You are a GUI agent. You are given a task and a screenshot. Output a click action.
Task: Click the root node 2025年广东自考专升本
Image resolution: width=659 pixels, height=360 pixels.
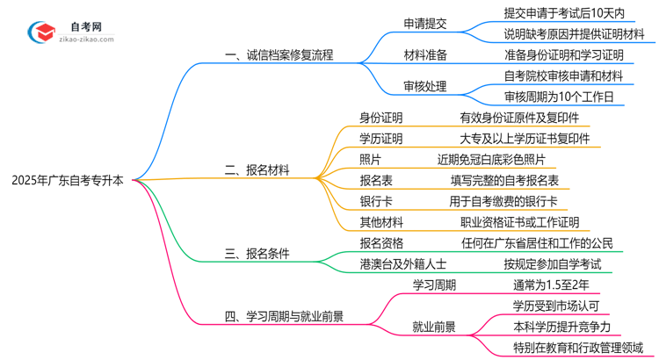click(x=69, y=181)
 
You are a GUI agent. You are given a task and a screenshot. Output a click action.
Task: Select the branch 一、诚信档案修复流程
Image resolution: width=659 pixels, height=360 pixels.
click(x=279, y=54)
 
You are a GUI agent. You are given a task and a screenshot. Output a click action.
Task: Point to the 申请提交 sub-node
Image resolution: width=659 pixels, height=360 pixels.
click(x=424, y=24)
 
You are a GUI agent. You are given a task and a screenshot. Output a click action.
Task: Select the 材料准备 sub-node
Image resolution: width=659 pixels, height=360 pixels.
click(x=424, y=54)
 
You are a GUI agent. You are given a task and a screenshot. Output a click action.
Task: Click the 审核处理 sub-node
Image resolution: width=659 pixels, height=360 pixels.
click(x=424, y=86)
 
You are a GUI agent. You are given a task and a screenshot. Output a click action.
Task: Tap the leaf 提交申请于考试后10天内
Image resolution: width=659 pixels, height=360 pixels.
click(x=564, y=13)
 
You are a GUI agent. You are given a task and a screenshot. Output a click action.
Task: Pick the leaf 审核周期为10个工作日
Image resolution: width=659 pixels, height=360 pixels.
click(x=558, y=96)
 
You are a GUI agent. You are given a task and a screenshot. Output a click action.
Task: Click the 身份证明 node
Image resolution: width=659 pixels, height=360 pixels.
click(x=380, y=117)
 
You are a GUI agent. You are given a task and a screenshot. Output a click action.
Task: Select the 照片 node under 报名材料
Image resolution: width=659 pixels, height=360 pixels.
click(x=370, y=159)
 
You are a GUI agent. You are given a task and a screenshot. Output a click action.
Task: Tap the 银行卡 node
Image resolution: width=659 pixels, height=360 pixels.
click(x=375, y=201)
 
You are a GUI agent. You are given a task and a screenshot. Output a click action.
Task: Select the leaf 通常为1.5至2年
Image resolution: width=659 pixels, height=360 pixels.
click(x=550, y=284)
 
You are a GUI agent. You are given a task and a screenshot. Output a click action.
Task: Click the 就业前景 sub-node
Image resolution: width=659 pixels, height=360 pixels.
click(x=434, y=326)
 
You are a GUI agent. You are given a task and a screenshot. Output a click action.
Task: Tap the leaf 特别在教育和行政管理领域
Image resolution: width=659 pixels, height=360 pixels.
click(x=577, y=348)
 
